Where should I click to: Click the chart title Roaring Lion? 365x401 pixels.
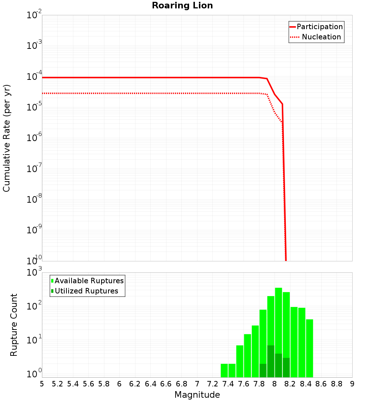click(182, 6)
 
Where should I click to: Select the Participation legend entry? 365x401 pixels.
click(319, 27)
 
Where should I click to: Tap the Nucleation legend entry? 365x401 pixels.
click(321, 37)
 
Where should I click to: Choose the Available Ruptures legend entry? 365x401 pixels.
click(89, 281)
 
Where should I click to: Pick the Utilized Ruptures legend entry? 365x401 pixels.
click(86, 291)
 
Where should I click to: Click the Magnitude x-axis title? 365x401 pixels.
click(197, 395)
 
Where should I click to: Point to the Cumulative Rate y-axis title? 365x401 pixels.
click(7, 138)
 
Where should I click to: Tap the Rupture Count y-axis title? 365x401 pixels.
click(14, 325)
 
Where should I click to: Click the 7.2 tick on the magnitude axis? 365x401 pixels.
click(212, 384)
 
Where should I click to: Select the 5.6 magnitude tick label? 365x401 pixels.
click(88, 384)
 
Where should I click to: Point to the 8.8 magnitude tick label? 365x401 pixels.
click(337, 384)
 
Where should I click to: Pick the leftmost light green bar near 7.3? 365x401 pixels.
click(224, 370)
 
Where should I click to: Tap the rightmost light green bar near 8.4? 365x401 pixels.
click(310, 348)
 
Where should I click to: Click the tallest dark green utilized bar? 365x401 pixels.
click(271, 361)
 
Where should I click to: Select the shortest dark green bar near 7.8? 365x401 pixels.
click(263, 370)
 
